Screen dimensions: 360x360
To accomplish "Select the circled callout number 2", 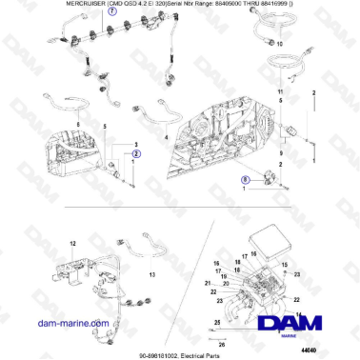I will [x=136, y=152].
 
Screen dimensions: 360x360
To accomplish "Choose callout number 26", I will [x=222, y=343].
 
